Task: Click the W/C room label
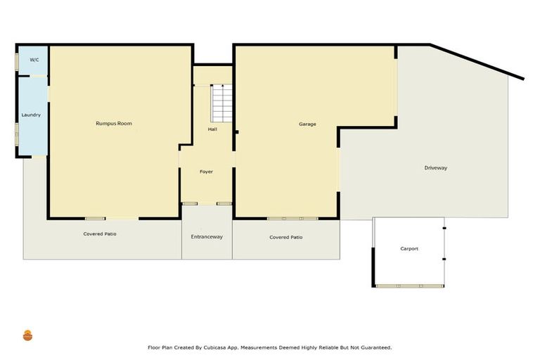click(x=34, y=60)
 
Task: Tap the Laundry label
click(x=31, y=115)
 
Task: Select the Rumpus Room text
click(x=114, y=124)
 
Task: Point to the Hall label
click(x=212, y=129)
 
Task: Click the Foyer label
click(x=206, y=172)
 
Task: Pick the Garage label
click(x=307, y=124)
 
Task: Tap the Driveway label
click(x=436, y=168)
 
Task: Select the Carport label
click(x=409, y=249)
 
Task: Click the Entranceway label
click(x=207, y=237)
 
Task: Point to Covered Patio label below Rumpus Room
click(x=100, y=233)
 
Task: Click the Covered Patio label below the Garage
click(x=286, y=238)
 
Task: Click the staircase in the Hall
click(x=221, y=103)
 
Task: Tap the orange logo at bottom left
click(x=27, y=336)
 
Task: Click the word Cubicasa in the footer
click(x=217, y=347)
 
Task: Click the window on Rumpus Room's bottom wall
click(x=96, y=219)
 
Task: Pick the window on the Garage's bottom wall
click(x=292, y=219)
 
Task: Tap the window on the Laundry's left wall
click(x=17, y=133)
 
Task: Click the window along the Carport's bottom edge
click(x=410, y=286)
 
